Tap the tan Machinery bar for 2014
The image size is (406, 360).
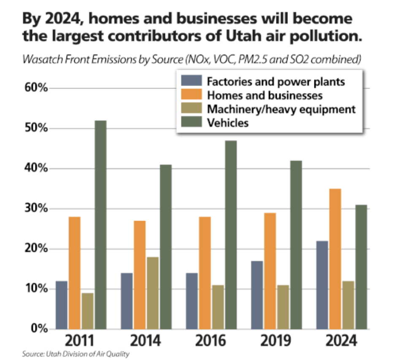(152, 293)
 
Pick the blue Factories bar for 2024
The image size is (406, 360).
(322, 285)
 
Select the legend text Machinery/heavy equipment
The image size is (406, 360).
(281, 109)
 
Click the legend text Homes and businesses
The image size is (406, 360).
(265, 95)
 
